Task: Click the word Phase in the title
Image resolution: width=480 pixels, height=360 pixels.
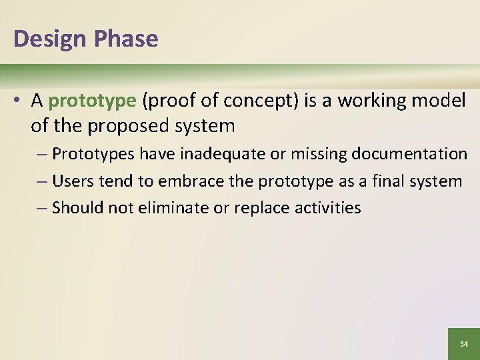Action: pos(126,39)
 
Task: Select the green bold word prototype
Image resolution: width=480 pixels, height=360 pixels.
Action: pos(92,101)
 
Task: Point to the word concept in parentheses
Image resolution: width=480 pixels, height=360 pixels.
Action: pos(258,101)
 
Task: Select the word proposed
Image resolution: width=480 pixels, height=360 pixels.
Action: pos(125,125)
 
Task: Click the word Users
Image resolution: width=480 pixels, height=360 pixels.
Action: pos(71,181)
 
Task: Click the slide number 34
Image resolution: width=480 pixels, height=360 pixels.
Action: pos(464,344)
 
